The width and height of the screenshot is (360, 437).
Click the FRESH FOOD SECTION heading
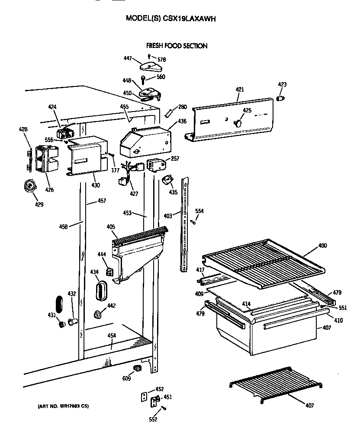point(177,46)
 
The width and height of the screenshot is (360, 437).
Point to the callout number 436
point(182,121)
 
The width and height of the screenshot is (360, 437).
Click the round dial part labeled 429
point(29,186)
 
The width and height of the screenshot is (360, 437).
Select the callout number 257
point(175,159)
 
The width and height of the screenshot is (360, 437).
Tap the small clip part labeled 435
point(168,179)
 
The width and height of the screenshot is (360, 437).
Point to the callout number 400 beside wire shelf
point(322,246)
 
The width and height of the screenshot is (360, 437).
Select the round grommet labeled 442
point(98,314)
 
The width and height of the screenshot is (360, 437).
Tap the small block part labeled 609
point(138,368)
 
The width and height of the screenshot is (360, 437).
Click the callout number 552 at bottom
point(152,419)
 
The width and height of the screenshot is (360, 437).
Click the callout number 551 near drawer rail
point(343,309)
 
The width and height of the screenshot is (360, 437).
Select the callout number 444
point(102,255)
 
